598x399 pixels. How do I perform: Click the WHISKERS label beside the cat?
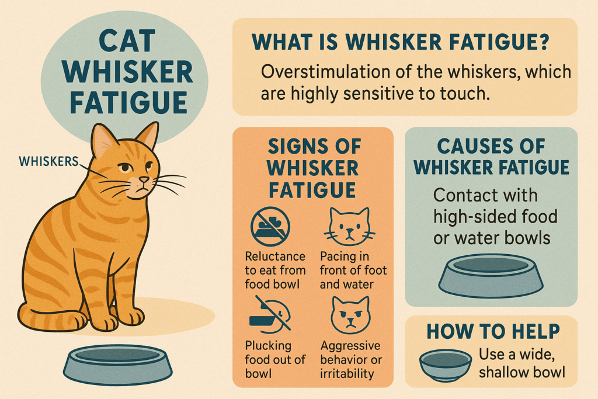click(x=48, y=161)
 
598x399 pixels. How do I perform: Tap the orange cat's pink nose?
click(x=144, y=179)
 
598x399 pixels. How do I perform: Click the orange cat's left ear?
click(x=103, y=140)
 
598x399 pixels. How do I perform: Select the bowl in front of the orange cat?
click(x=118, y=365)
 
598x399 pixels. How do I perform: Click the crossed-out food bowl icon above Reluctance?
click(x=270, y=227)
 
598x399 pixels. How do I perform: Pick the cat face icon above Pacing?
click(x=349, y=227)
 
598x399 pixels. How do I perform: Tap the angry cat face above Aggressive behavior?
click(x=350, y=315)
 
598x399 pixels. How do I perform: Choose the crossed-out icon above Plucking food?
click(x=270, y=313)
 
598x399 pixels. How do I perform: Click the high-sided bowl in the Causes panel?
click(x=491, y=275)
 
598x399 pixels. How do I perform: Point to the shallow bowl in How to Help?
click(x=446, y=365)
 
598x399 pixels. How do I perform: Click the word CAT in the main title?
click(x=127, y=41)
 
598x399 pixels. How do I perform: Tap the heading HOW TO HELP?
click(x=493, y=331)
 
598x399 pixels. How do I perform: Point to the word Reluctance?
click(x=275, y=256)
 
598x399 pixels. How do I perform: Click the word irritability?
click(x=347, y=374)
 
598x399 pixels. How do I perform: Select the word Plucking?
click(x=268, y=346)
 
